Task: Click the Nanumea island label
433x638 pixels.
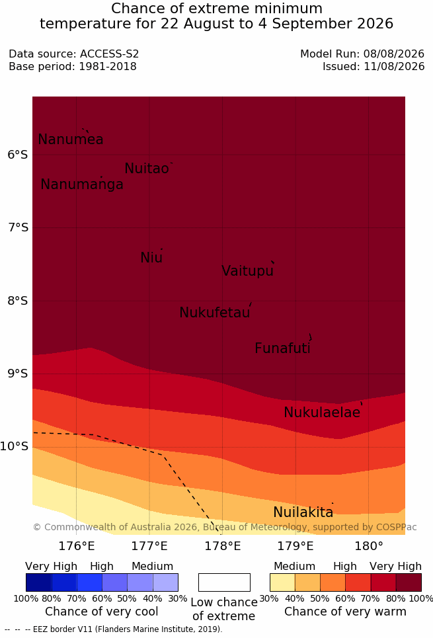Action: [71, 140]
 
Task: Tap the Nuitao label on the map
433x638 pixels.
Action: [147, 169]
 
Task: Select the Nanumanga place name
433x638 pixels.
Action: [82, 184]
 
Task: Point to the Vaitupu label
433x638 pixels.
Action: [247, 271]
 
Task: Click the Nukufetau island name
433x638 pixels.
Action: [214, 313]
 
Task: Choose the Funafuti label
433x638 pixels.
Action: [282, 348]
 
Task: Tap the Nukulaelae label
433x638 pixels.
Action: [323, 412]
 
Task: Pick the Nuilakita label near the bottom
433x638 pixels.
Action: [303, 512]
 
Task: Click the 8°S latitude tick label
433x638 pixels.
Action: [19, 301]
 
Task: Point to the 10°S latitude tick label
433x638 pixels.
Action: [15, 446]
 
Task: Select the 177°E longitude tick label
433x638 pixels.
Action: [149, 546]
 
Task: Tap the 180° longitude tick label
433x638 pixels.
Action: [369, 546]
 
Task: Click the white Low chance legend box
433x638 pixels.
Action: [224, 582]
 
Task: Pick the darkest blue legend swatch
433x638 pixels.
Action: [38, 582]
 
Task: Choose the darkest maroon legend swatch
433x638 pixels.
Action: [409, 582]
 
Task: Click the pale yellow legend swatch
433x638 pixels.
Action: [282, 582]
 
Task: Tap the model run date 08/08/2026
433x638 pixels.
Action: [394, 54]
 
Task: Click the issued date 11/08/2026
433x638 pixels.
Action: [394, 66]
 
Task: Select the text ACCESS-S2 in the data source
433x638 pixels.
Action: [110, 54]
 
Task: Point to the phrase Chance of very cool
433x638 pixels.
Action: [102, 612]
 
